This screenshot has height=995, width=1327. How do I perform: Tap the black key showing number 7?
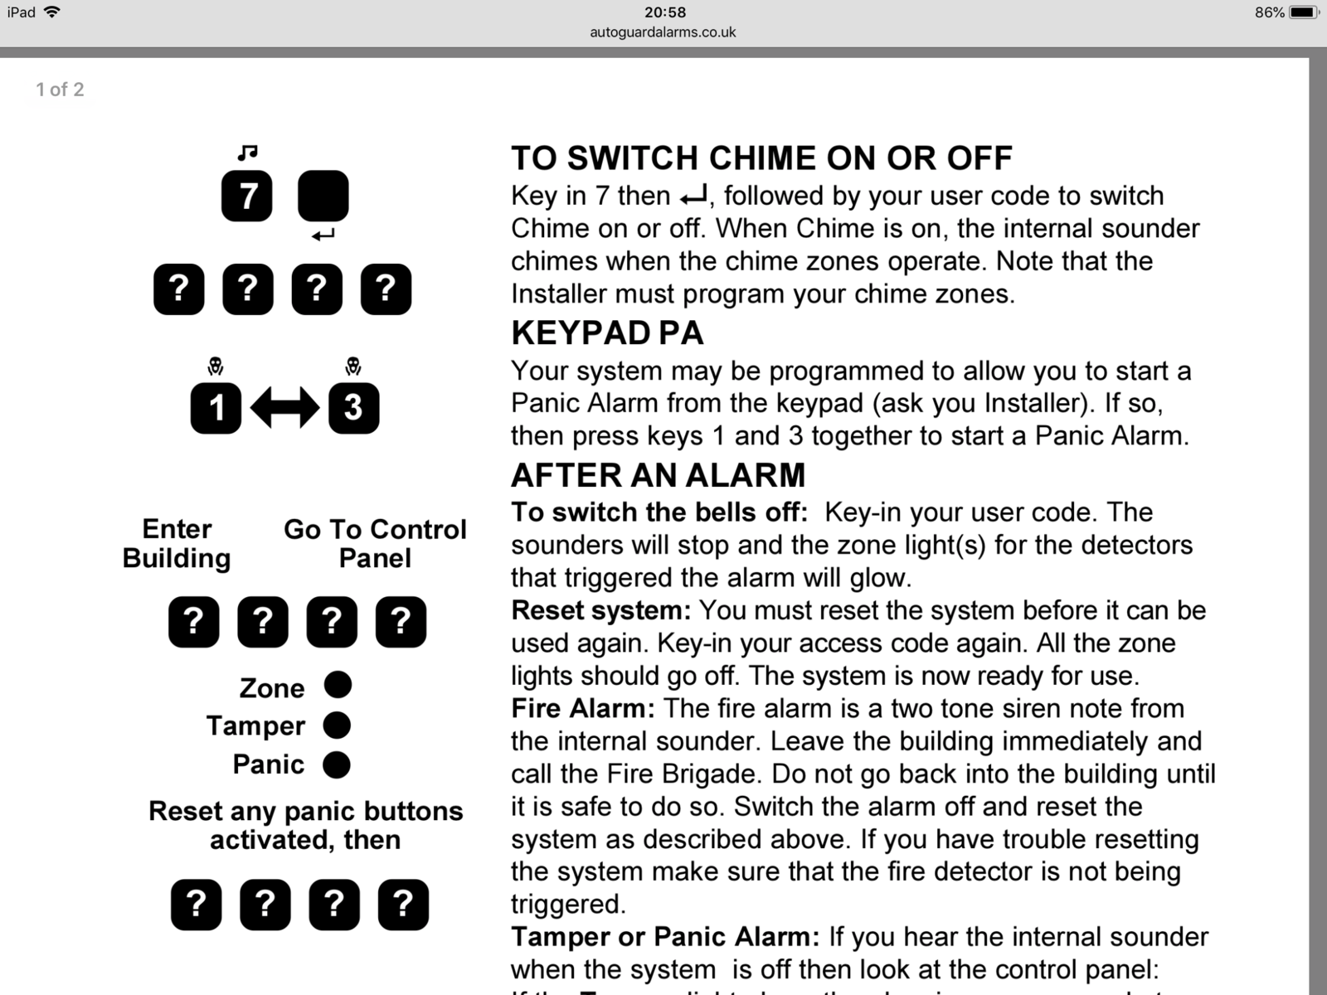[x=246, y=196]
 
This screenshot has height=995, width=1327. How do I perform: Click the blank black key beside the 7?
[x=323, y=196]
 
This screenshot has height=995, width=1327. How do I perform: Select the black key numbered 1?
[x=216, y=407]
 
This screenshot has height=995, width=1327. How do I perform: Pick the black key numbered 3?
[x=353, y=407]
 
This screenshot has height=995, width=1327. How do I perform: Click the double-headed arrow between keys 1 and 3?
[x=284, y=407]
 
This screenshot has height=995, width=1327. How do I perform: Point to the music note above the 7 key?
[x=247, y=153]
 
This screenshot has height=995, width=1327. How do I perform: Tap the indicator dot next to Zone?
[x=338, y=685]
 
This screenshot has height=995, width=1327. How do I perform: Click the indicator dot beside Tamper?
[x=337, y=725]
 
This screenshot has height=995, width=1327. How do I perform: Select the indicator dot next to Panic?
[x=336, y=764]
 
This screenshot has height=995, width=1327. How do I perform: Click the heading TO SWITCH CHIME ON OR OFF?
[x=761, y=158]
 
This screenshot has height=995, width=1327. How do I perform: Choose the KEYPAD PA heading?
[x=607, y=332]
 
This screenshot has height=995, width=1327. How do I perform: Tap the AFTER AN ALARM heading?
[x=658, y=475]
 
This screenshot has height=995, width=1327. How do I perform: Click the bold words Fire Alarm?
[x=582, y=708]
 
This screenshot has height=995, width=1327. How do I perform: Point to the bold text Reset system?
[x=600, y=610]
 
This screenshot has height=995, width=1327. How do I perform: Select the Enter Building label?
[x=177, y=543]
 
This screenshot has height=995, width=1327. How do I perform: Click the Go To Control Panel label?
[x=375, y=543]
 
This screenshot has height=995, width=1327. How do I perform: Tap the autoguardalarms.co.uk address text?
[x=663, y=32]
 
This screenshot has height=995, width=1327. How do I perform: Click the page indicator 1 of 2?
[x=60, y=90]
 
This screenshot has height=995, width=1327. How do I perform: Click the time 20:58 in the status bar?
[x=664, y=12]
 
